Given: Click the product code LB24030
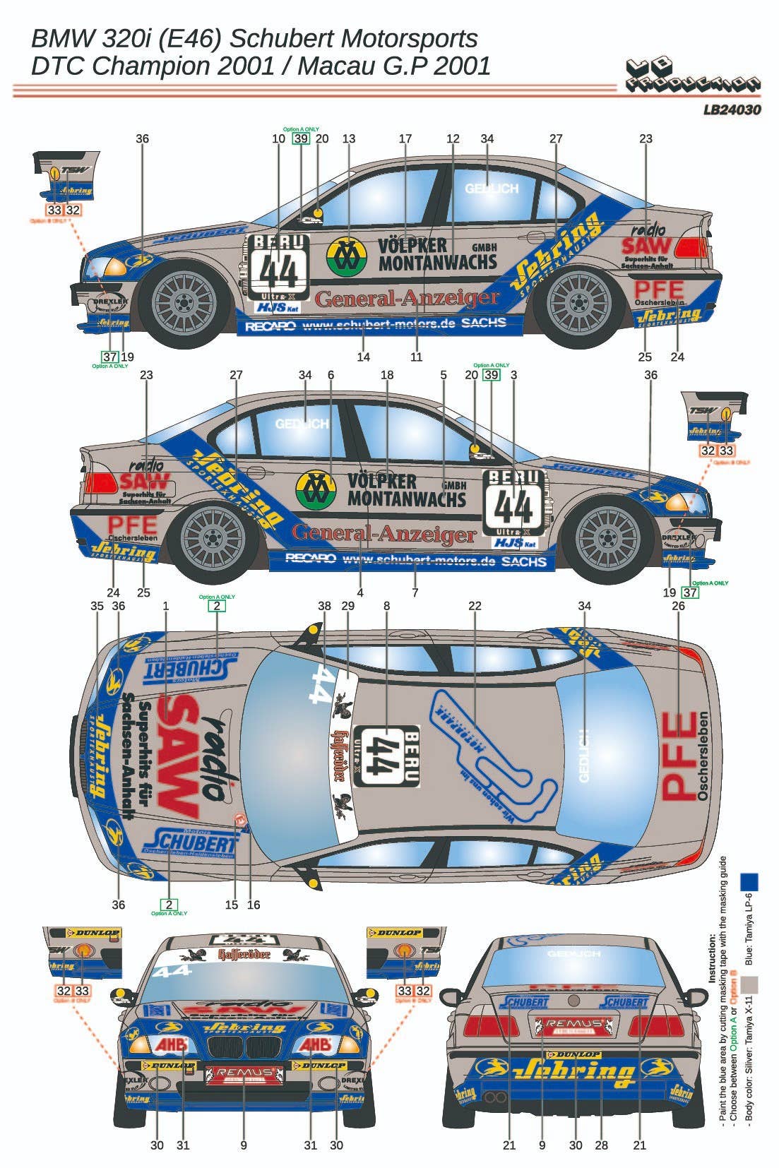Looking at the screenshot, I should pos(732,110).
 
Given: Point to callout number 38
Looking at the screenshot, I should pos(324,606).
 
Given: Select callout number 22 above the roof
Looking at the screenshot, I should pos(475,606).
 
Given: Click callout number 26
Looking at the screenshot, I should pos(678,606).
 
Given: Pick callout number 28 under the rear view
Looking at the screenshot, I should pos(601,1145).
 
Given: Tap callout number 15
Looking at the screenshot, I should pos(232,905).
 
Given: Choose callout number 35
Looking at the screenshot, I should pos(97,606).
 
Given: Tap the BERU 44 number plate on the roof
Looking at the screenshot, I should pos(386,756).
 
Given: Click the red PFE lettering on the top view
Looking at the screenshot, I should pos(678,756).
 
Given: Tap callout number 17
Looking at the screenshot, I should pos(405,138).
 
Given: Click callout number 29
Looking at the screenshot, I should pos(347,606).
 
